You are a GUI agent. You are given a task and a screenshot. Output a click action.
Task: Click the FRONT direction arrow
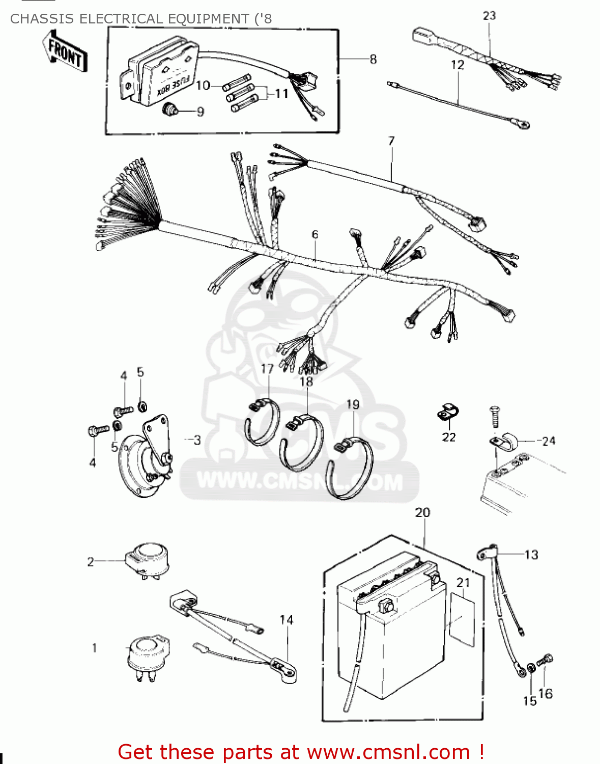tap(65, 52)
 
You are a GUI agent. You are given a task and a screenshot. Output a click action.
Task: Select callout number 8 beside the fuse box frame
tap(373, 60)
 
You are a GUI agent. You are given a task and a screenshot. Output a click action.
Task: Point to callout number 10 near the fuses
tap(203, 86)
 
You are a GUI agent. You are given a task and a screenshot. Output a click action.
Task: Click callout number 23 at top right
tap(489, 16)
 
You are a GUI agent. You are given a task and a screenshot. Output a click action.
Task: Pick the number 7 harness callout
tap(391, 141)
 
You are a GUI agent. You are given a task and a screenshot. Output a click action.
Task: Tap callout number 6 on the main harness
tap(315, 234)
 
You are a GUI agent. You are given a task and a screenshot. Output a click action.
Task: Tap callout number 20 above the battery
tap(422, 512)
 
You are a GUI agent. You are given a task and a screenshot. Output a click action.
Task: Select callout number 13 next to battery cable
tap(531, 555)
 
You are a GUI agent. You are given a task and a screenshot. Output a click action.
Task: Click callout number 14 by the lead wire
tap(286, 620)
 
